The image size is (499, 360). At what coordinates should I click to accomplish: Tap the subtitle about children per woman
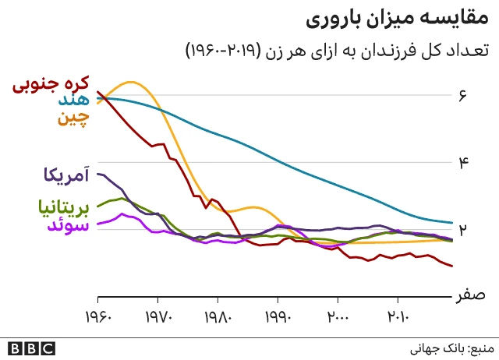point(337,51)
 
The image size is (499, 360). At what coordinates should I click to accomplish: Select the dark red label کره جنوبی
point(51,83)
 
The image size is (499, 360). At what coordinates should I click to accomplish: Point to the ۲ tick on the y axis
point(462,230)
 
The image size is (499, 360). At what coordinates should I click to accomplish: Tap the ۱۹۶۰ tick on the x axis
point(98,319)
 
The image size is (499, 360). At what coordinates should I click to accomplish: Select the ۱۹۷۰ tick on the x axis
point(158,319)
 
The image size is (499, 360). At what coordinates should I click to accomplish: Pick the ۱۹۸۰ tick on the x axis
point(218,319)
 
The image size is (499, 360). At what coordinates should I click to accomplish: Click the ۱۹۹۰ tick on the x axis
point(278,319)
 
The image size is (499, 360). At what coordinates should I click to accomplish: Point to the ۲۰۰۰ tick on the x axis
point(338,319)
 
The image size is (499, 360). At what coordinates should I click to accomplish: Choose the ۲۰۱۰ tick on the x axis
point(398,319)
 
